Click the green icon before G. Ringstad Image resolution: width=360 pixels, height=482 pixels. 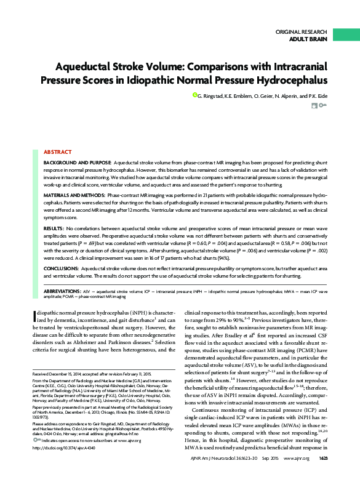tap(195, 96)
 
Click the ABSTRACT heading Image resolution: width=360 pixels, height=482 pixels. tap(58, 151)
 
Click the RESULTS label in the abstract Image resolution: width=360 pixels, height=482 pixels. tap(55, 228)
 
